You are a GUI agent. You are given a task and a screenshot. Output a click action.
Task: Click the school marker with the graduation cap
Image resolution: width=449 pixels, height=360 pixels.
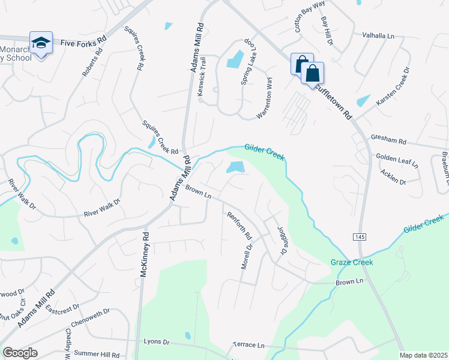41,44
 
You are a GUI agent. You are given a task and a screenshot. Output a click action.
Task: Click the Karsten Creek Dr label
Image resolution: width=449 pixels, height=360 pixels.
393,87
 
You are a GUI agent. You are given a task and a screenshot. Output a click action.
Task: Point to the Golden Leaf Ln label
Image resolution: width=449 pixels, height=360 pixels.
397,160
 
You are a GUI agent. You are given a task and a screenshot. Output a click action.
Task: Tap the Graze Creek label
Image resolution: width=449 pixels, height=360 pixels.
352,262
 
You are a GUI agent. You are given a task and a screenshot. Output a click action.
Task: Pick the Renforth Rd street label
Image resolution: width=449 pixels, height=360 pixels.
238,226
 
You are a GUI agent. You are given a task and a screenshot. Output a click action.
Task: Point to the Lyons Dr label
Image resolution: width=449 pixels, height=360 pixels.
157,341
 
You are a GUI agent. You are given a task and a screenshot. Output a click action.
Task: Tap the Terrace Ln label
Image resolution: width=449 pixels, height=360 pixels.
249,346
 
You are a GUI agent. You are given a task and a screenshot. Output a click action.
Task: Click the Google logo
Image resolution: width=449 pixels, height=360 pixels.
20,353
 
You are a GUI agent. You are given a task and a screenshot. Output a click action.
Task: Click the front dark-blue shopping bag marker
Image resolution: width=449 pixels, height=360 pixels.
313,74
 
